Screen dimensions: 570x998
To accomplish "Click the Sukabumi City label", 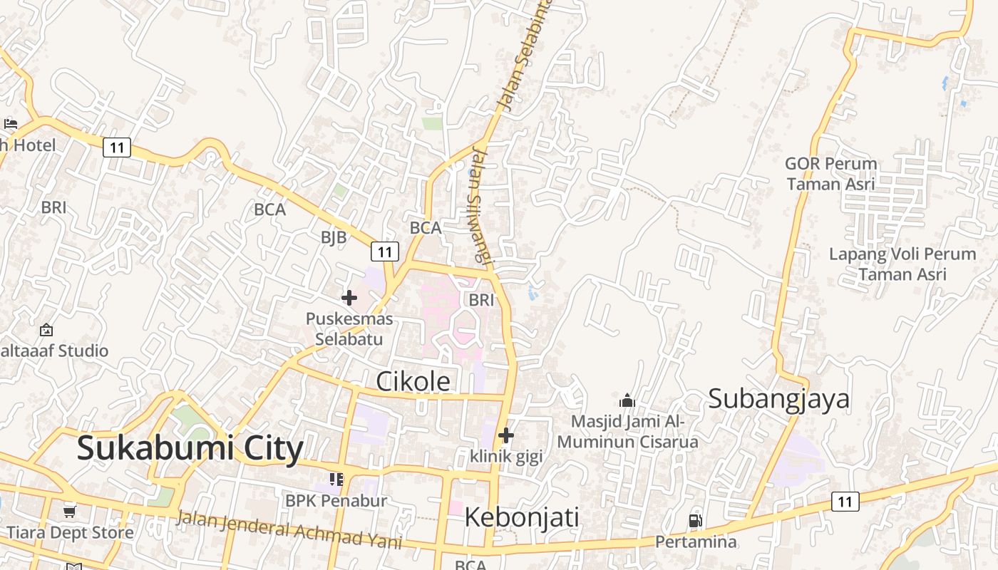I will (190, 449).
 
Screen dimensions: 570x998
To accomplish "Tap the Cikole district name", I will (413, 382).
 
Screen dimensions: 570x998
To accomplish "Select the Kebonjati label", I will (521, 517).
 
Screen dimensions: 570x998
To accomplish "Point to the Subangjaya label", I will (778, 399).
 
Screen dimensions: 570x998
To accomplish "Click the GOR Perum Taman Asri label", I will (830, 174).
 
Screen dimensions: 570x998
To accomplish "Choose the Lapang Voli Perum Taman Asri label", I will (902, 264).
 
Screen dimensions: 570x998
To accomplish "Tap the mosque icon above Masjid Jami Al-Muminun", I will (627, 400).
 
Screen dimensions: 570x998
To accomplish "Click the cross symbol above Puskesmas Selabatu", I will (349, 297).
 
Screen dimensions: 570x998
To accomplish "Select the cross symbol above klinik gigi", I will (506, 435).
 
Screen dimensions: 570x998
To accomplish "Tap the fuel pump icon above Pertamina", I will (695, 521).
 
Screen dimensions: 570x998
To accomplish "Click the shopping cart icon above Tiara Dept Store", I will (70, 512).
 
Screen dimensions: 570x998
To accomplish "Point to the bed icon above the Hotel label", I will (11, 124).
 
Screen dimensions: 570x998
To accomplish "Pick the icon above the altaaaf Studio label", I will (46, 330).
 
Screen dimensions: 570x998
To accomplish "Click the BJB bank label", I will (333, 237).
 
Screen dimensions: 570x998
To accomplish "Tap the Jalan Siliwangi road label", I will (483, 204).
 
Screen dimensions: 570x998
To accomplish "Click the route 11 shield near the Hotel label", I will (117, 147).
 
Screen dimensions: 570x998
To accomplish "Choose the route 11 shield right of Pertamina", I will (845, 501).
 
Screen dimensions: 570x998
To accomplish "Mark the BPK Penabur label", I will (336, 501).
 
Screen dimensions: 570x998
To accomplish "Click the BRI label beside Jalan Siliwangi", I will (481, 300).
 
